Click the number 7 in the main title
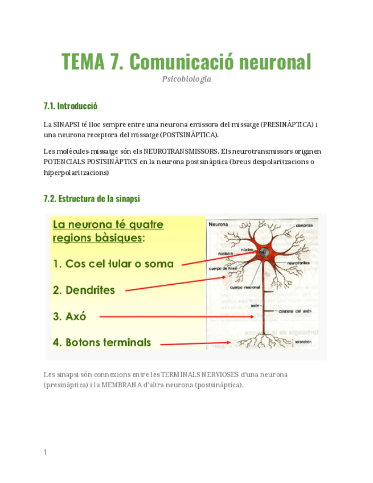115,62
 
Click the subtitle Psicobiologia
186,79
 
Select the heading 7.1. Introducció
71,106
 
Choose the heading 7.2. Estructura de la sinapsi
92,199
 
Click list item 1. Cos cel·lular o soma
113,264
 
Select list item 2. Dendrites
84,290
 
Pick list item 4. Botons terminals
102,342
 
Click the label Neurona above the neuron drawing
218,224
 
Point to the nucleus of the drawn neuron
264,252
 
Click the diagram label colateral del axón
294,311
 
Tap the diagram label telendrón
304,342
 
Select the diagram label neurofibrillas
298,263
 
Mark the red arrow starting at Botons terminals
194,343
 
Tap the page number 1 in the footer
45,452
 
